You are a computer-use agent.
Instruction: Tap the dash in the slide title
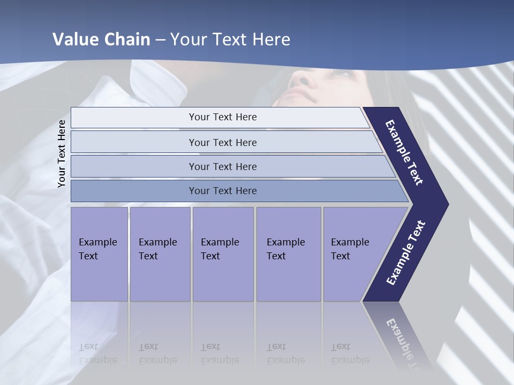[161, 40]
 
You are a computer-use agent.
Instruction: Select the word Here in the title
[271, 40]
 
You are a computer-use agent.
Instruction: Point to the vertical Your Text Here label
[62, 153]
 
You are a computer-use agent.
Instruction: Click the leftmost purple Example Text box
[99, 253]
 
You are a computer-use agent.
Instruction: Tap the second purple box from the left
[160, 253]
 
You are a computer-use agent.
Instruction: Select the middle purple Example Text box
[223, 253]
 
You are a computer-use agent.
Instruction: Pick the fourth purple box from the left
[288, 253]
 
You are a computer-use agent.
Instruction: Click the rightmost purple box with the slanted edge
[353, 253]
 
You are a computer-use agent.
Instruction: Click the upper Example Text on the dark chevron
[405, 153]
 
